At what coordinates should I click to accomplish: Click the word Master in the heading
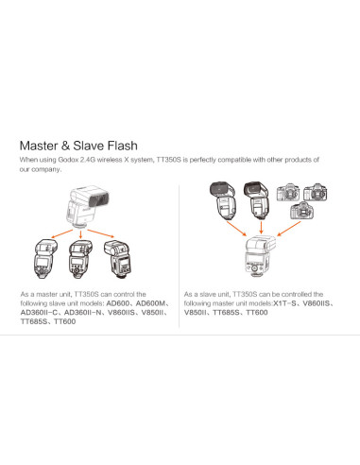click(x=39, y=146)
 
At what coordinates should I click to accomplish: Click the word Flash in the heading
click(x=123, y=146)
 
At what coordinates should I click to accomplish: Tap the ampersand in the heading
click(x=65, y=146)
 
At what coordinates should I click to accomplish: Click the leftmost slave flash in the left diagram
click(x=45, y=259)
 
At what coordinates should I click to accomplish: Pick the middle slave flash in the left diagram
click(x=80, y=259)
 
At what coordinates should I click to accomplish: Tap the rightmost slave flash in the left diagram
click(x=117, y=260)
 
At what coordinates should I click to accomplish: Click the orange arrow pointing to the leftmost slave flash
click(x=61, y=234)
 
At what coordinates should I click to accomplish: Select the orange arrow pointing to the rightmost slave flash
click(x=101, y=233)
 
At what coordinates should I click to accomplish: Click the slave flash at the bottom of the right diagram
click(x=260, y=256)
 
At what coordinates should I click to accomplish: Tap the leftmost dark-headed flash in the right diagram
click(x=223, y=200)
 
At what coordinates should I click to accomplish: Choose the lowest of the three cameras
click(x=302, y=211)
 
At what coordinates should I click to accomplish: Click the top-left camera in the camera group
click(x=288, y=193)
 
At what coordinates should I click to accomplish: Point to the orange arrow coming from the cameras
click(x=288, y=229)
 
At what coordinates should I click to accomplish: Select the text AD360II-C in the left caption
click(x=39, y=313)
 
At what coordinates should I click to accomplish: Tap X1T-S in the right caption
click(x=284, y=303)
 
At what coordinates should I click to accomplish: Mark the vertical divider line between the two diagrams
click(x=179, y=256)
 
